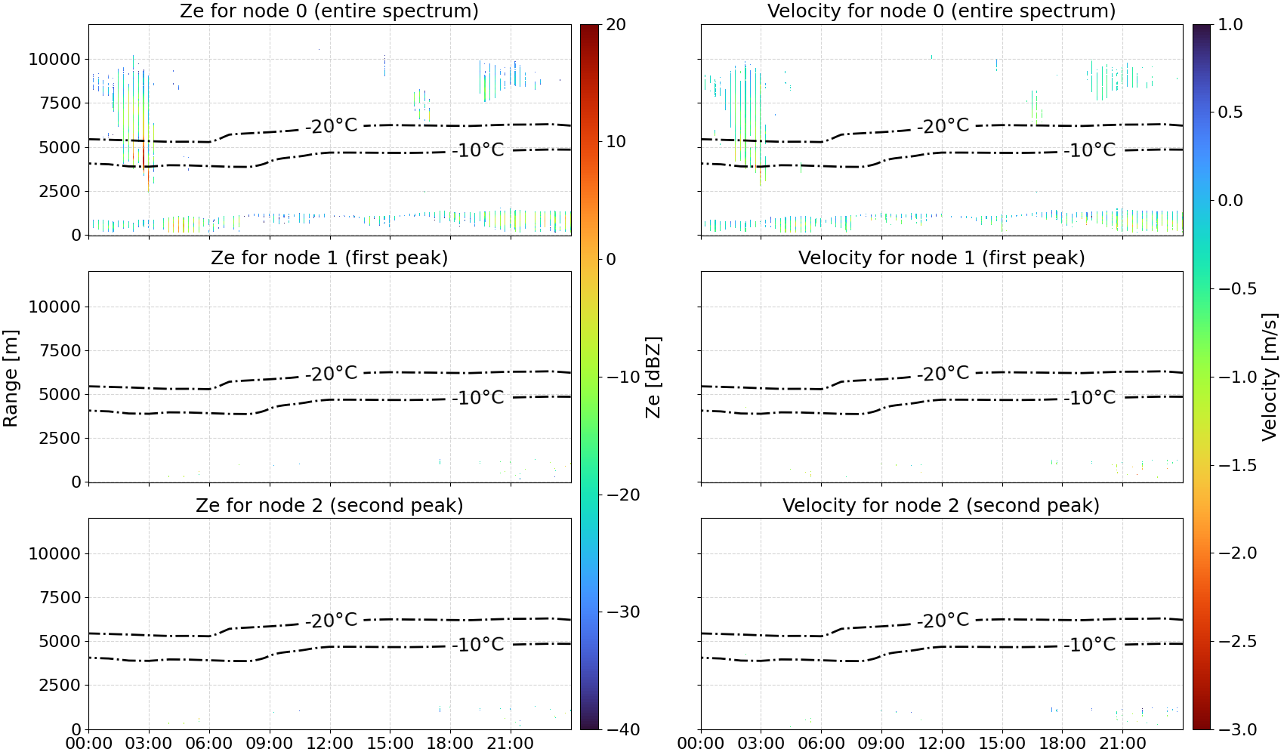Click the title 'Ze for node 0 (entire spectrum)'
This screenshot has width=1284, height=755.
coord(329,11)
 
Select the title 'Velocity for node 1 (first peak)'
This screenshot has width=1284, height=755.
coord(942,257)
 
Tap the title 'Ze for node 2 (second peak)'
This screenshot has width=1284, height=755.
coord(329,505)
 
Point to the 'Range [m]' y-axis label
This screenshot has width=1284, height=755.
coord(11,378)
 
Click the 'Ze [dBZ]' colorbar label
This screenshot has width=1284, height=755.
coord(653,377)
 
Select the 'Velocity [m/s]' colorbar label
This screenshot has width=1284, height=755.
coord(1270,377)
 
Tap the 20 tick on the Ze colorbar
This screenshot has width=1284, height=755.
coord(616,25)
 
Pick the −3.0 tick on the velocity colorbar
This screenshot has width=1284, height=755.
coord(1233,729)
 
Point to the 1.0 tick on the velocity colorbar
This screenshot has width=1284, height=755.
coord(1230,25)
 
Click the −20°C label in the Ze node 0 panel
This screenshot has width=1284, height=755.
coord(332,125)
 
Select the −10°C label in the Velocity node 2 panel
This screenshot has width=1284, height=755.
coord(1090,645)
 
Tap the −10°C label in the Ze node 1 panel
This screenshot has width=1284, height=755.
coord(478,397)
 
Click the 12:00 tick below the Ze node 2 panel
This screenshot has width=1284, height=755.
coord(329,744)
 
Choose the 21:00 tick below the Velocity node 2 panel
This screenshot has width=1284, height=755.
coord(1122,744)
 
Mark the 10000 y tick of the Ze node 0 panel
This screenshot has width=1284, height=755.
coord(54,59)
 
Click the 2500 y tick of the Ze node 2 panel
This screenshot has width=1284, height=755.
coord(60,685)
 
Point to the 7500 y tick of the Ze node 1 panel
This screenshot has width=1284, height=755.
coord(60,350)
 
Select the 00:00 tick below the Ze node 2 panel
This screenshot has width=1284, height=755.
coord(89,744)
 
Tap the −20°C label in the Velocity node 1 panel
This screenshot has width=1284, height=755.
coord(943,374)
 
